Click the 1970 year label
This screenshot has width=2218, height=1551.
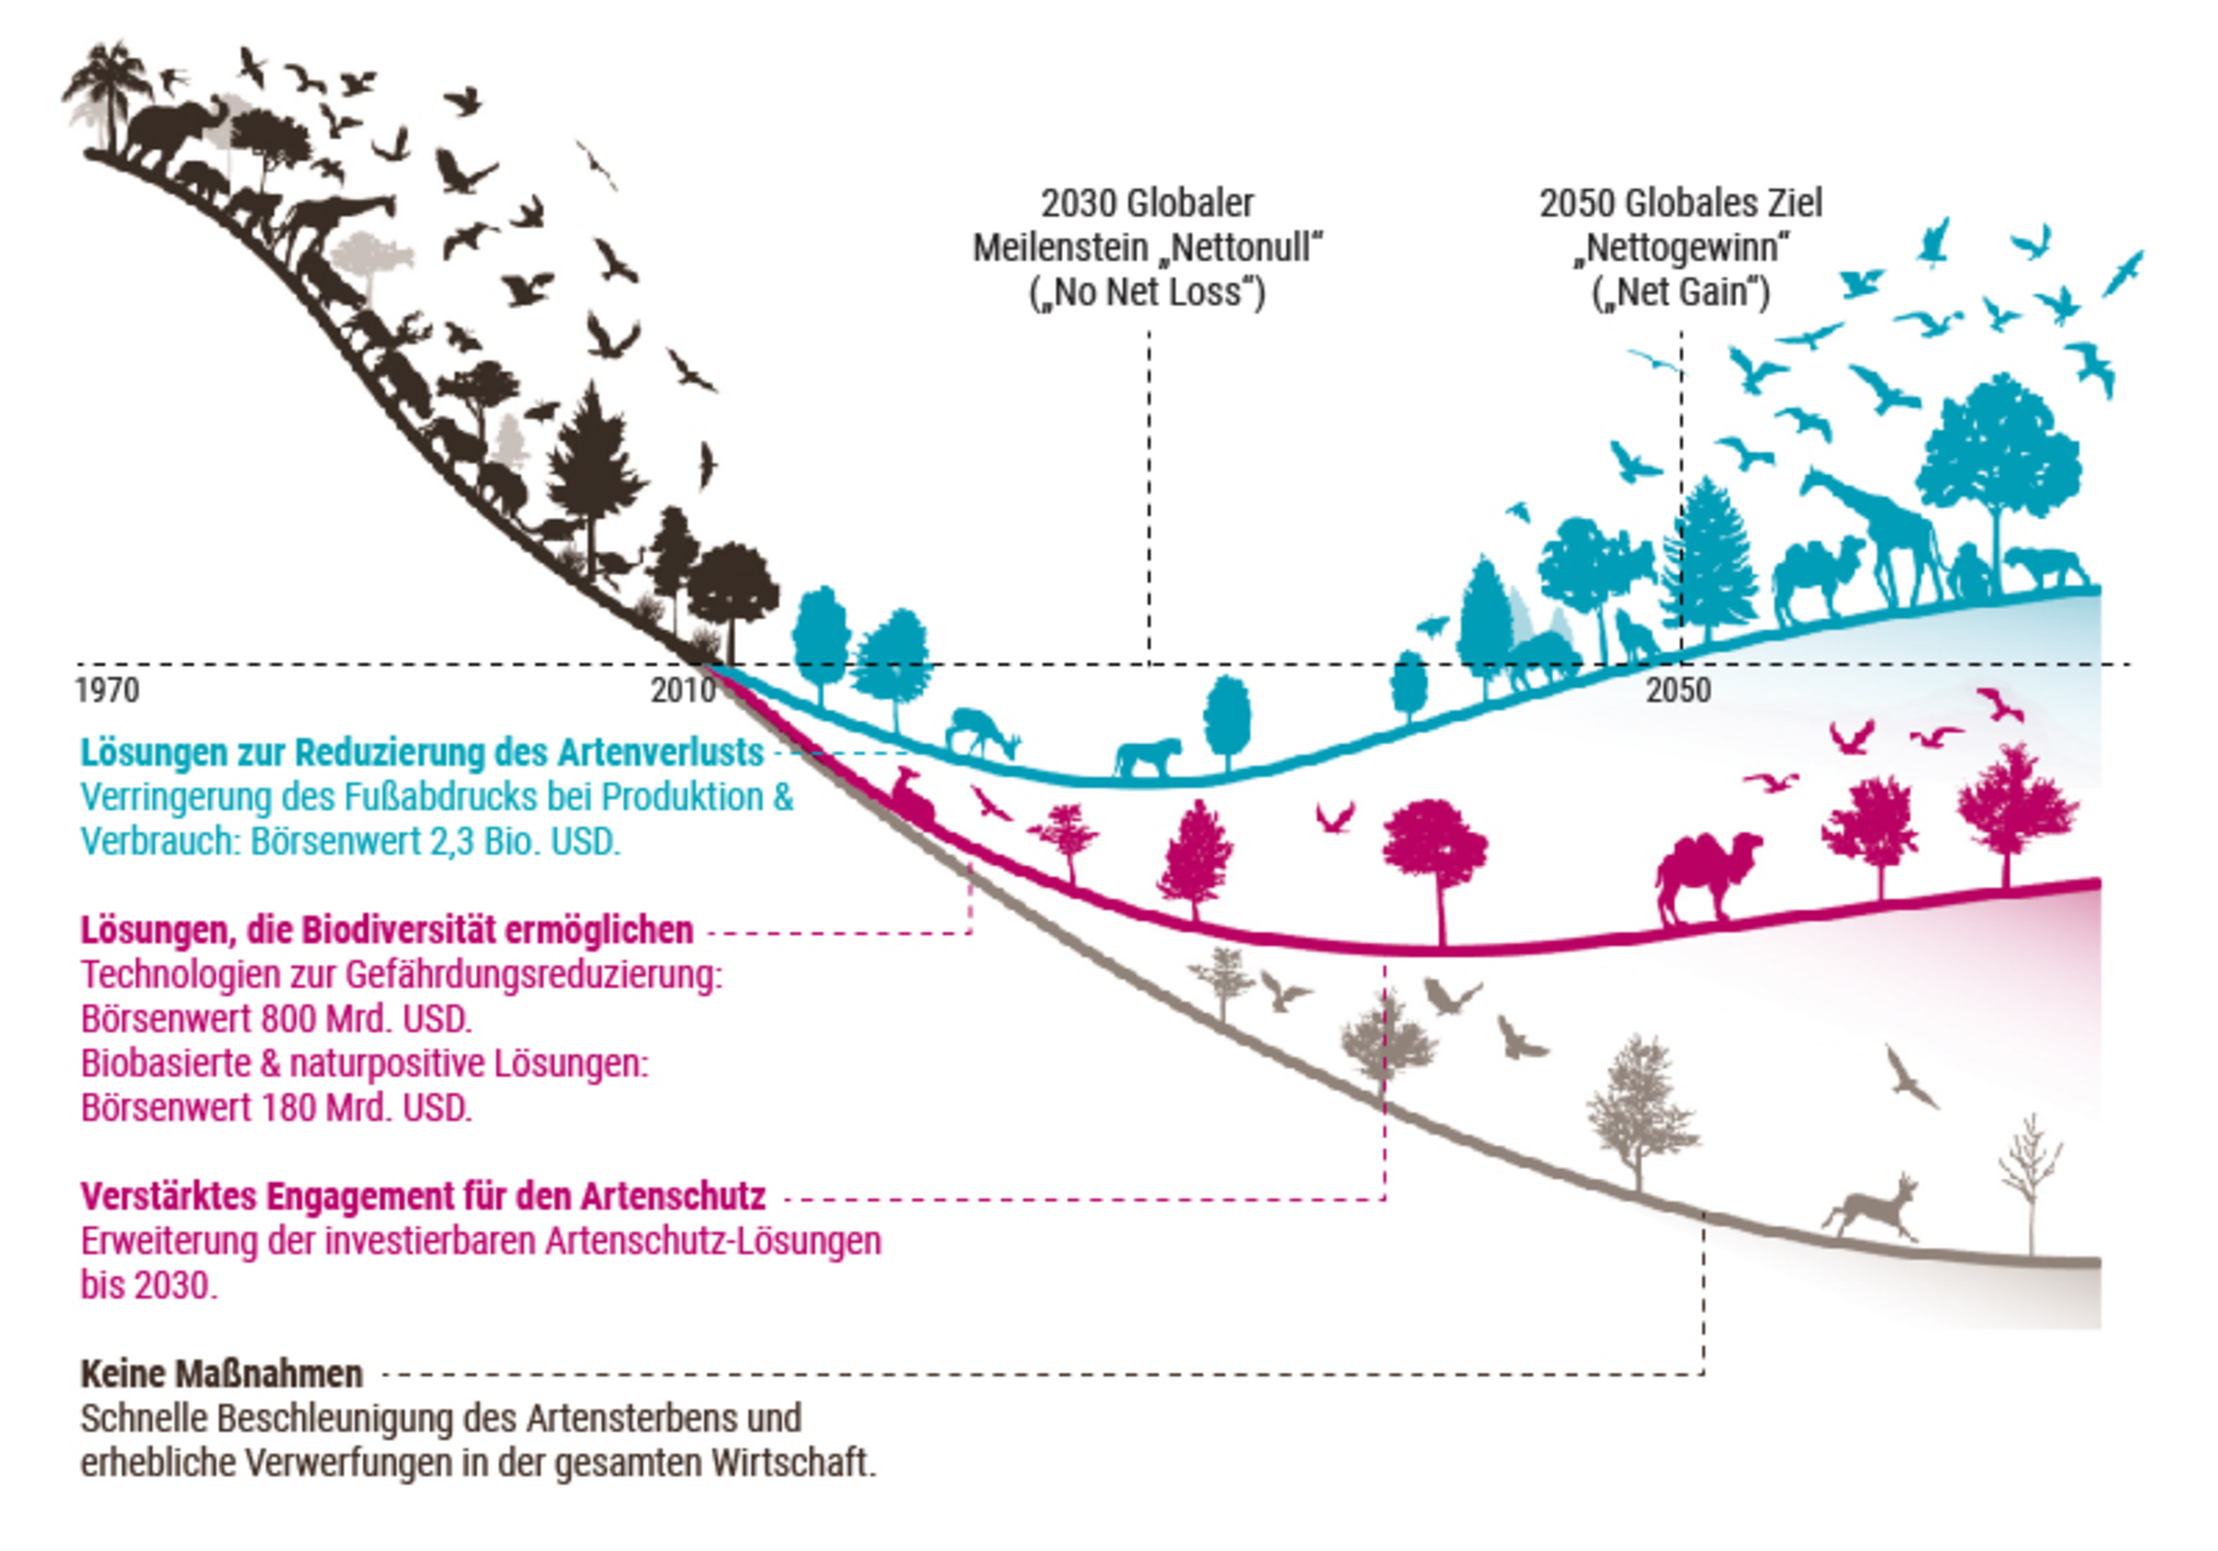coord(107,690)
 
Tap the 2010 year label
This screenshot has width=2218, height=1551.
coord(682,690)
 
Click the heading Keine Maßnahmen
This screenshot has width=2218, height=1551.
coord(221,1373)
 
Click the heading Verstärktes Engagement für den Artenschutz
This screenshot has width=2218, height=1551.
coord(422,1196)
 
